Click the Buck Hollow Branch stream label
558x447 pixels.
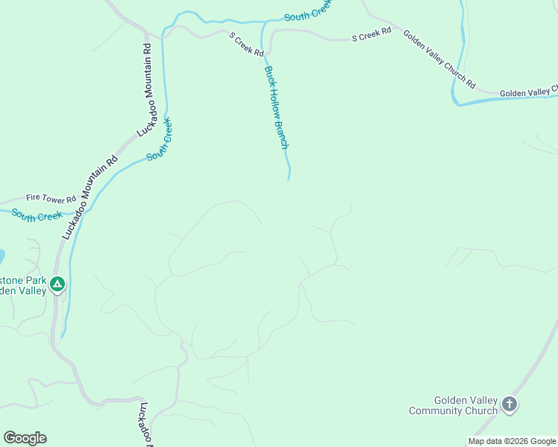click(276, 107)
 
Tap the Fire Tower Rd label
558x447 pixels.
click(51, 199)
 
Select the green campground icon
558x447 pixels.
click(57, 284)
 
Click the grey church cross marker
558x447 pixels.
click(510, 405)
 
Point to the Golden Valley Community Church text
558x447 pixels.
click(453, 405)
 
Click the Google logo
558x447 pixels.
click(25, 438)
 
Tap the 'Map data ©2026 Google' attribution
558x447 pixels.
click(512, 441)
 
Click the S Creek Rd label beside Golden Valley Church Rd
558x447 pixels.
click(372, 34)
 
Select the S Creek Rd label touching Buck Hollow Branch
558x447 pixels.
click(246, 45)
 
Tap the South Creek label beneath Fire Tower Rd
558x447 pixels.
click(36, 216)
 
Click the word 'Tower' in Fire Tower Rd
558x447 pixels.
click(54, 199)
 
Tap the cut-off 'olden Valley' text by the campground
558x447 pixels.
click(22, 291)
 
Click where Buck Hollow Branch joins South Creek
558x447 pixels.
click(263, 22)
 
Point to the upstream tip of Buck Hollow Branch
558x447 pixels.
click(289, 179)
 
